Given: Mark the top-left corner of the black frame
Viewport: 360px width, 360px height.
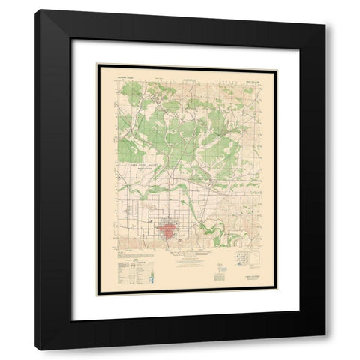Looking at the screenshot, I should [x=36, y=11].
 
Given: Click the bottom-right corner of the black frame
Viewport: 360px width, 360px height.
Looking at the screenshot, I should [x=324, y=349].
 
